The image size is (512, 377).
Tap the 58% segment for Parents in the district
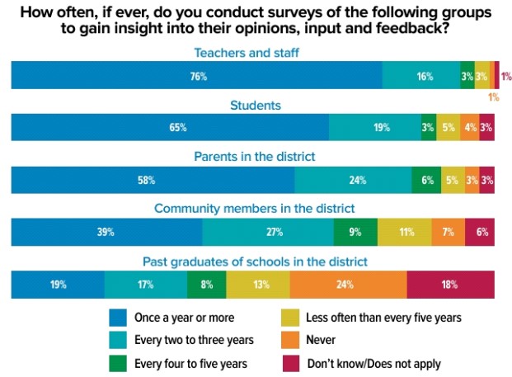[153, 180]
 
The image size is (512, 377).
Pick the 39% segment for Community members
[106, 233]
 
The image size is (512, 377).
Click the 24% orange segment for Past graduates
[348, 285]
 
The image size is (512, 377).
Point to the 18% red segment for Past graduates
[450, 285]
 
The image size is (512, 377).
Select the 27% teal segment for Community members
[268, 233]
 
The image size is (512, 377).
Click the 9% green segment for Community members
[355, 233]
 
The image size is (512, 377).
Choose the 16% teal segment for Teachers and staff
[421, 76]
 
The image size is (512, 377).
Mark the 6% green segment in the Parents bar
[426, 180]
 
